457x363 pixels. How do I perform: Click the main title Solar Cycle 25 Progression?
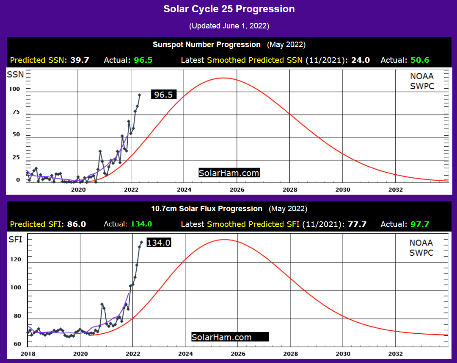(229, 9)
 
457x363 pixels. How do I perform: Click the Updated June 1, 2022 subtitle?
(229, 26)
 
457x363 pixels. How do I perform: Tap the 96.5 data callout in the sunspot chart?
(163, 95)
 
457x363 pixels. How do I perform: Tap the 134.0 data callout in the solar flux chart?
(159, 243)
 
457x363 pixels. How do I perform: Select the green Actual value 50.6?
(420, 60)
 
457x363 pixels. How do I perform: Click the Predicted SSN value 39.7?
(80, 60)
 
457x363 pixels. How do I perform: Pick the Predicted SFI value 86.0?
(76, 224)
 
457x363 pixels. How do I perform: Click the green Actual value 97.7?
(420, 224)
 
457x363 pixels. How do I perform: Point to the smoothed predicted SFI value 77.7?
(357, 224)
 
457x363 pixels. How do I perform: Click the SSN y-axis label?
(15, 75)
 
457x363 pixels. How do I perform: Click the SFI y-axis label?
(15, 240)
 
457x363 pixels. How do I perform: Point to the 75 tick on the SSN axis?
(16, 112)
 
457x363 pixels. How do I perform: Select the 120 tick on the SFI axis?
(16, 260)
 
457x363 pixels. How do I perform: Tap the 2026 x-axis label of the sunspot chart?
(237, 190)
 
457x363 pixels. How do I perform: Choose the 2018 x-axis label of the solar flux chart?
(28, 354)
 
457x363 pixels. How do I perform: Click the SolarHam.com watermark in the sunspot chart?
(229, 173)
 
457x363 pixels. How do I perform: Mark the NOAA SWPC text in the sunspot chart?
(422, 81)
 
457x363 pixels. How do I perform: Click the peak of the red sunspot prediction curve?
(223, 78)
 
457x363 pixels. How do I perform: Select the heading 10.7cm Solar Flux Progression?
(206, 209)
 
